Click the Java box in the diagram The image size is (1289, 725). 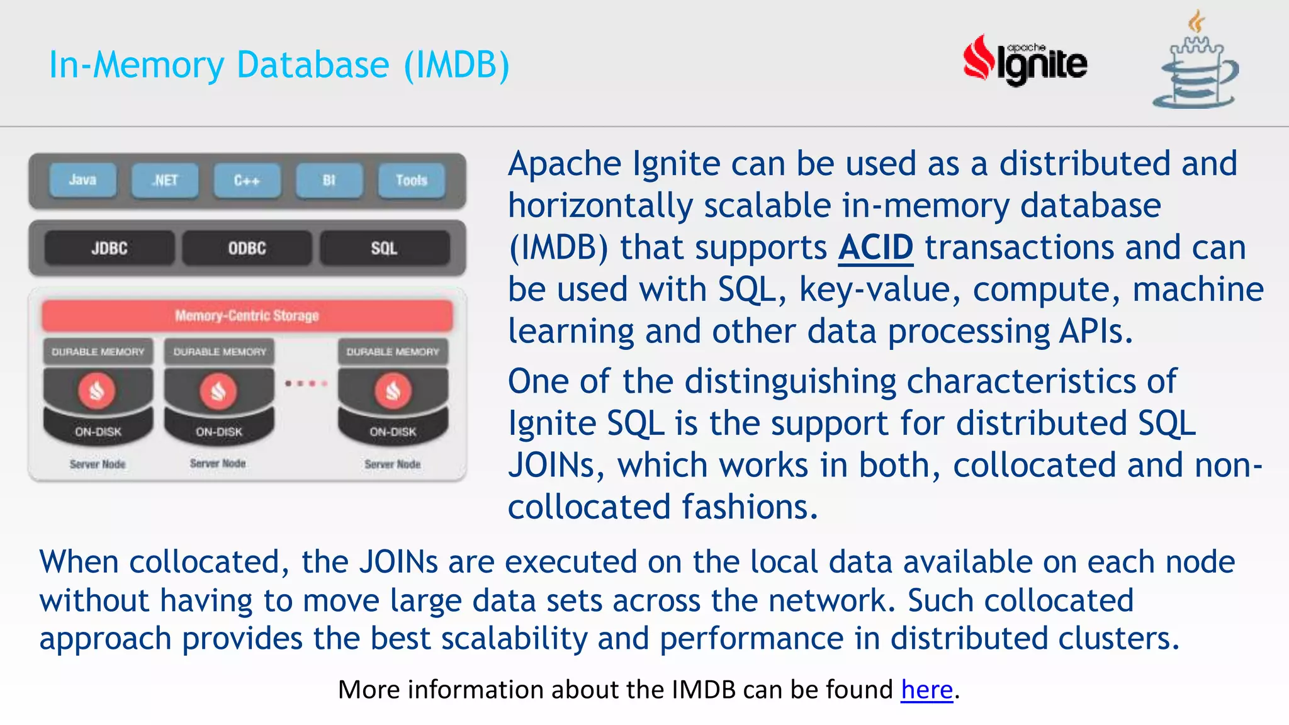82,181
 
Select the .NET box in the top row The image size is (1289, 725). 165,181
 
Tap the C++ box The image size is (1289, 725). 247,181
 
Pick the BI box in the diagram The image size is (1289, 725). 329,181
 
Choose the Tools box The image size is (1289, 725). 412,181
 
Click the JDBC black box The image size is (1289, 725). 110,249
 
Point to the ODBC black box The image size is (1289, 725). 247,249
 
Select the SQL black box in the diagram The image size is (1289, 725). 384,249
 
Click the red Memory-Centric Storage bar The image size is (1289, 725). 247,315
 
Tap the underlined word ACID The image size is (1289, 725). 875,247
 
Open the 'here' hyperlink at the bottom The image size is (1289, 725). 926,690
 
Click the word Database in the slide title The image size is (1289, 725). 313,65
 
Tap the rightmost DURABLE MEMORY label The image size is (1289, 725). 393,352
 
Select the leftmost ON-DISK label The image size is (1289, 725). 98,432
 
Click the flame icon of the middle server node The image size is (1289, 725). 218,391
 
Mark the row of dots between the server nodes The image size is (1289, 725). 306,383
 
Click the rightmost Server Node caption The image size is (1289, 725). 393,464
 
